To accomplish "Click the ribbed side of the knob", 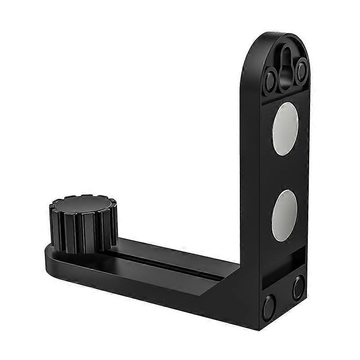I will (81, 232).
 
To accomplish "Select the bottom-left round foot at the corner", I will (269, 306).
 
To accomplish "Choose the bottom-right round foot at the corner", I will (298, 287).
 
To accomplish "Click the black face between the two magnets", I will (284, 171).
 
